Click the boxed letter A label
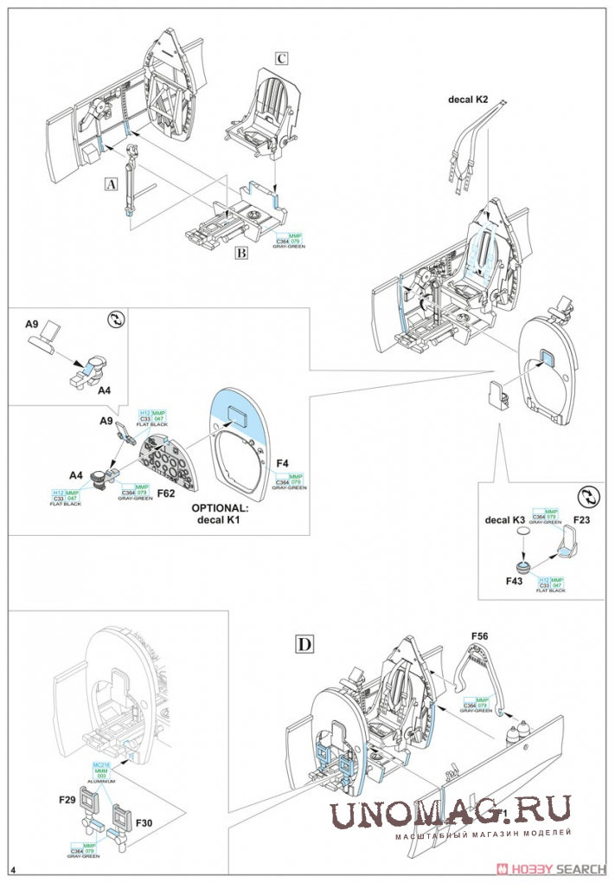pos(110,184)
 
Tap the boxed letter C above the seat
pos(280,59)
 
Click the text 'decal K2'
pos(468,100)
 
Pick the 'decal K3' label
pos(505,519)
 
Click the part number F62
pos(167,493)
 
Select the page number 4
pos(14,867)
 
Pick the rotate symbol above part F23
pos(586,495)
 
